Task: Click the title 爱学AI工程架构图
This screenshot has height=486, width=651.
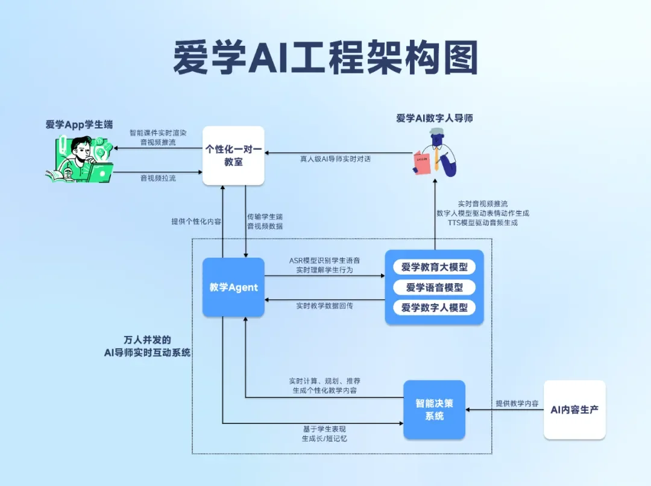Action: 325,58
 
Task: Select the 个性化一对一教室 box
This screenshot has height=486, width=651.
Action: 233,155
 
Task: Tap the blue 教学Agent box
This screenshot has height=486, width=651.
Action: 233,287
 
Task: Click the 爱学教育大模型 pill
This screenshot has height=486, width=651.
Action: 434,267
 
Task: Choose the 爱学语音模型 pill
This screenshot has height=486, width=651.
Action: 434,287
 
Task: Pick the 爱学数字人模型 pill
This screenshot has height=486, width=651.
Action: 434,308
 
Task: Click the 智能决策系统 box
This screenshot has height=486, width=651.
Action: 434,410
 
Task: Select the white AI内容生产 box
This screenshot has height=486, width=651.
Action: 574,410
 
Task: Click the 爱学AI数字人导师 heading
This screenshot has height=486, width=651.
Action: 434,118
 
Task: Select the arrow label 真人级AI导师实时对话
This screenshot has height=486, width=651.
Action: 336,160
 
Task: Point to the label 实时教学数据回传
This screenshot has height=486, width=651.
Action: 324,306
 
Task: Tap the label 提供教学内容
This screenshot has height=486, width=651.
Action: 517,403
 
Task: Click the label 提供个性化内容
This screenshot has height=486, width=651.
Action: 196,222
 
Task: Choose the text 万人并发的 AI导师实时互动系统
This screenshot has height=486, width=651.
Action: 147,346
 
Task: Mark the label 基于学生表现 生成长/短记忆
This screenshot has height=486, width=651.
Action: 324,434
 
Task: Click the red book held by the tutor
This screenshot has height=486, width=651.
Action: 423,163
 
